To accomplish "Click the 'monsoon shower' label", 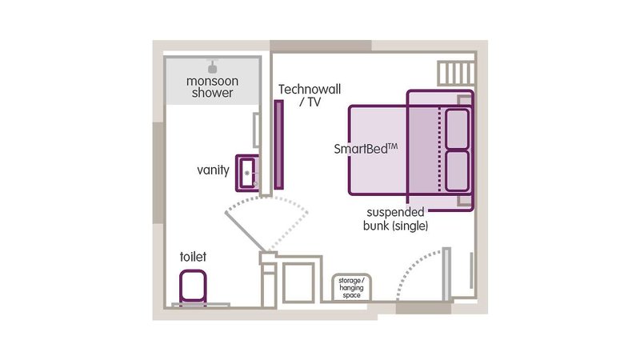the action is (x=212, y=87).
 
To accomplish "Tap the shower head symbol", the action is (x=212, y=66).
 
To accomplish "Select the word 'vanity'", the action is (x=213, y=170).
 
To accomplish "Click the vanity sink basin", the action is (x=247, y=173).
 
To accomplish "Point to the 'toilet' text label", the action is (x=193, y=257).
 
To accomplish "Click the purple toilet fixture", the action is (x=193, y=286).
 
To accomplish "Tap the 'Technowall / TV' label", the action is (x=310, y=95).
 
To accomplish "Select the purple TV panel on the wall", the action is (x=278, y=145).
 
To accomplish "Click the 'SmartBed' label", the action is (x=366, y=149).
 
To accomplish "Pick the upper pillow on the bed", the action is (x=457, y=129).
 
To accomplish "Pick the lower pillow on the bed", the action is (x=457, y=171).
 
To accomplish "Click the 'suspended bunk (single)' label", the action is (x=395, y=219).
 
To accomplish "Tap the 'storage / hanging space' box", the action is (x=351, y=288).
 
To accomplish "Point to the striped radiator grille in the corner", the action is (x=456, y=74).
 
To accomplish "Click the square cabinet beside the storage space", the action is (x=298, y=282).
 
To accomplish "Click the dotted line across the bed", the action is (x=439, y=150).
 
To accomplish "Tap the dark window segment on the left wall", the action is (x=159, y=173).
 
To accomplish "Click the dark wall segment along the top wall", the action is (x=321, y=46).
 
